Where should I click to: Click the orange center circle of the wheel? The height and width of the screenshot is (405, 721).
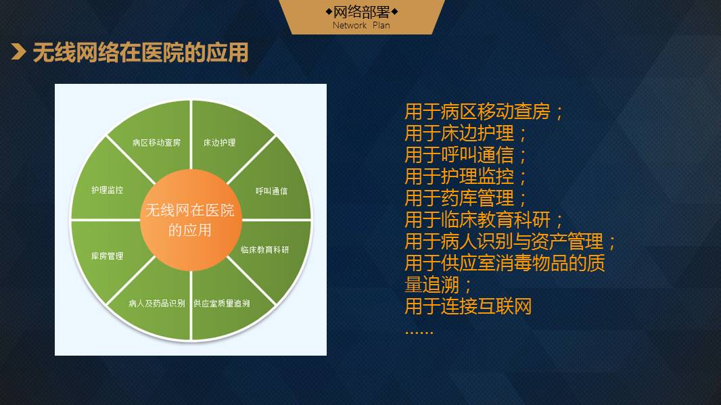pos(191,220)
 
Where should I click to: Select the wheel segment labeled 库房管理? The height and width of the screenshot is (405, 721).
pos(108,255)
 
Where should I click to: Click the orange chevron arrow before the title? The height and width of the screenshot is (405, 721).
pos(19,52)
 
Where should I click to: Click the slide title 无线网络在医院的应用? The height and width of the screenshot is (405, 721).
pos(141,52)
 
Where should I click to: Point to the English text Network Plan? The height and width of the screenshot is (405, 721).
pos(361,25)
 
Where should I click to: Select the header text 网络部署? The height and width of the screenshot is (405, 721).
pos(361,11)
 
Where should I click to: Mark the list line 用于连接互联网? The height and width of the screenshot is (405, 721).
pos(468,306)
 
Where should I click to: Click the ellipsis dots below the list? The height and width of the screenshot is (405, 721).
pos(419,332)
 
